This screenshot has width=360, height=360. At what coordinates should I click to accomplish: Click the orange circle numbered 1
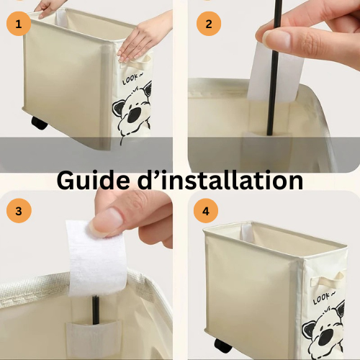point(19,24)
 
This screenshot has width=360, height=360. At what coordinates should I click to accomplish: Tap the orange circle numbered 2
point(209,24)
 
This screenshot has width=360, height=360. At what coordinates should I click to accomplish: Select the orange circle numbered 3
point(19,211)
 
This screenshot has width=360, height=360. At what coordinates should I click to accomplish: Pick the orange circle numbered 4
point(206,211)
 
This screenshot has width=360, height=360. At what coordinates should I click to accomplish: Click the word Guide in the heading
point(96,180)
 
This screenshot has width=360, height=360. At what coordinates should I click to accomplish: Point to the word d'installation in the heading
point(220,180)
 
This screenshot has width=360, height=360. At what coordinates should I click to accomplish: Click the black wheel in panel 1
point(39,123)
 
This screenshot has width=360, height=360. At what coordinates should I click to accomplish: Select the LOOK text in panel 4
point(323,298)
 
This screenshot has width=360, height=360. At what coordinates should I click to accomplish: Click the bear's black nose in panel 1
point(134,115)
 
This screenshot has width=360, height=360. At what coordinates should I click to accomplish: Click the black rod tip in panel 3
point(96,297)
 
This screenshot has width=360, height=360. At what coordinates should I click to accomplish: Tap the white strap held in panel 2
point(276,72)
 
